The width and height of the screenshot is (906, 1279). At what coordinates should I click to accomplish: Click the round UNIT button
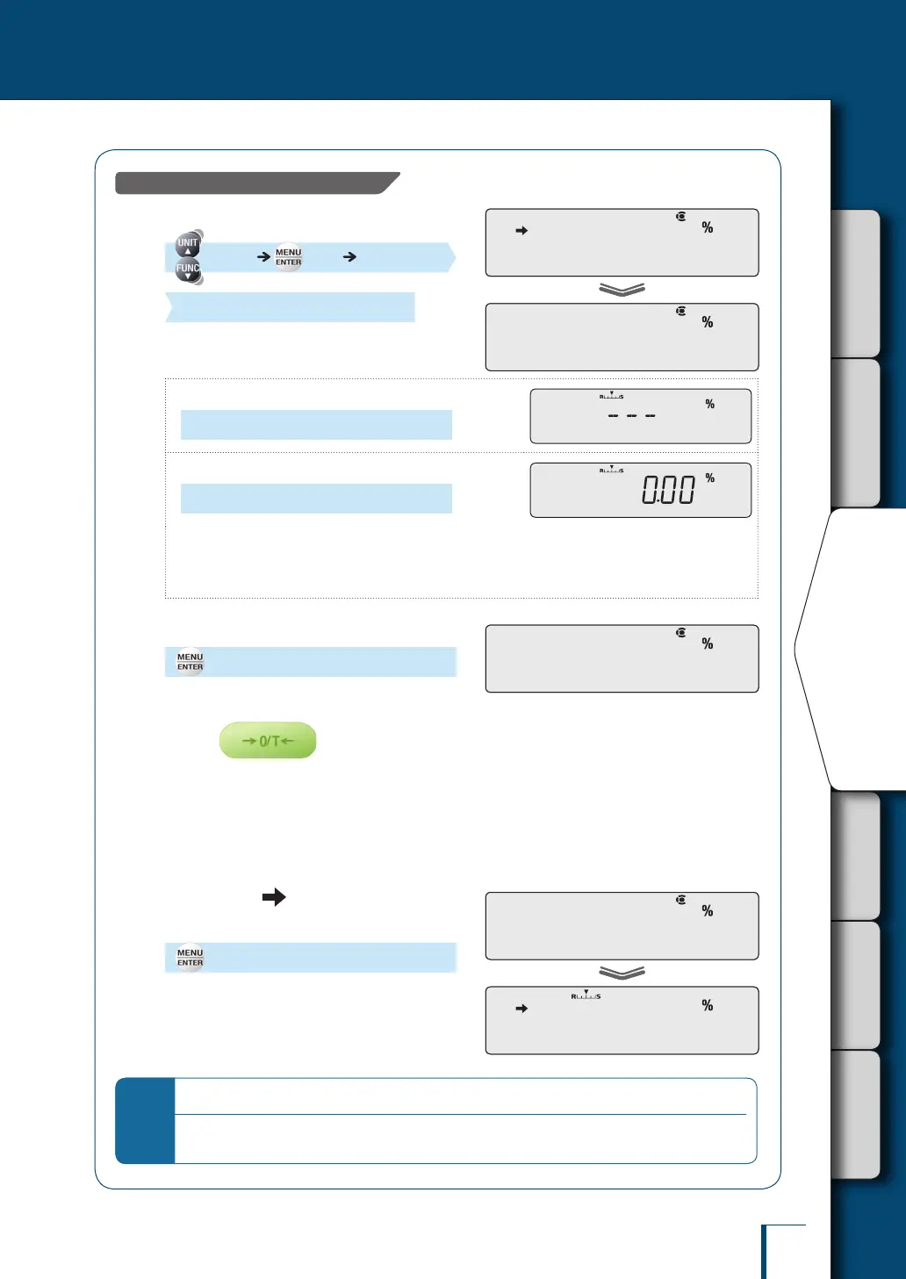click(x=188, y=244)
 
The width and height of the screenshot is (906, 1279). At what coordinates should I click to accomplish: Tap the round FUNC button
click(x=188, y=269)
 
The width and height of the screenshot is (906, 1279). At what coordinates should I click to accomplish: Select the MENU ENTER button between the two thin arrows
click(x=288, y=257)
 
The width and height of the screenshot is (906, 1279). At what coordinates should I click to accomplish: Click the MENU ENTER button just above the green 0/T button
click(x=190, y=662)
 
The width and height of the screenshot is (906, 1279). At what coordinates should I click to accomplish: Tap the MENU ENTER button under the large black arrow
click(x=190, y=958)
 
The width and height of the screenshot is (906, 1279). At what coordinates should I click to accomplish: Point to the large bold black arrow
click(x=274, y=896)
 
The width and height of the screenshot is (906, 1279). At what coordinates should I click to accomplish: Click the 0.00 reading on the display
click(x=668, y=490)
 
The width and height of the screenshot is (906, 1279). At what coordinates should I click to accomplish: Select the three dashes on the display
click(x=632, y=415)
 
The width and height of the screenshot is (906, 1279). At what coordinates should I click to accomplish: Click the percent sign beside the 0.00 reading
click(x=710, y=478)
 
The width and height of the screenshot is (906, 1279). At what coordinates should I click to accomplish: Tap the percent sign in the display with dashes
click(x=710, y=405)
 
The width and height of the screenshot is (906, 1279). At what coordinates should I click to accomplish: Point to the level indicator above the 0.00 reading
click(x=612, y=470)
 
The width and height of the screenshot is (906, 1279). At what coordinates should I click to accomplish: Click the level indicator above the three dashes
click(x=612, y=395)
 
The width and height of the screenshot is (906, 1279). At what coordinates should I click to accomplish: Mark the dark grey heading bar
click(x=255, y=183)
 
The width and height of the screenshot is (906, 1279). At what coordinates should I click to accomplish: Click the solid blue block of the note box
click(x=146, y=1120)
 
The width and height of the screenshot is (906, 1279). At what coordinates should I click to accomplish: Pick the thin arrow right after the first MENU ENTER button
click(x=349, y=257)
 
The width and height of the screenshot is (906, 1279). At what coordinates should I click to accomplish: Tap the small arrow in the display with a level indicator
click(x=521, y=1009)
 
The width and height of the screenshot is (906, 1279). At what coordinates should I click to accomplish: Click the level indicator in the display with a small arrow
click(x=586, y=995)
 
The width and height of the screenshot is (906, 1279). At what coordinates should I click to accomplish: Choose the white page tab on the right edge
click(x=856, y=650)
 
